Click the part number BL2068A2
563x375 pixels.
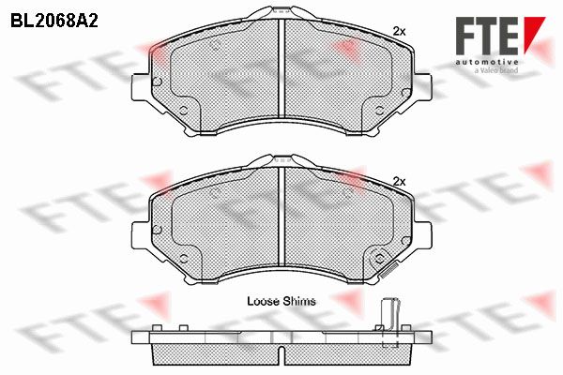point(54,22)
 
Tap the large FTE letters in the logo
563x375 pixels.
point(487,36)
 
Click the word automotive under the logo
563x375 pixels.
point(487,62)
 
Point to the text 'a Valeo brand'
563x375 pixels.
point(496,70)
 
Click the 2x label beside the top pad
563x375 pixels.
point(400,32)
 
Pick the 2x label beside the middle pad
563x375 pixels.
point(400,182)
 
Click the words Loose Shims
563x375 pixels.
point(281,301)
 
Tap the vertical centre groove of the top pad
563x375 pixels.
point(281,68)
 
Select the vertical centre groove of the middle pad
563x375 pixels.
point(281,217)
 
